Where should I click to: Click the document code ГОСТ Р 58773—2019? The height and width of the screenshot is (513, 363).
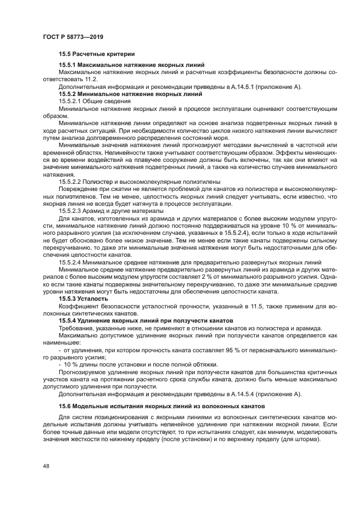(72, 37)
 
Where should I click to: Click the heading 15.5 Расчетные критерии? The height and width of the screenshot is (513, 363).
(97, 54)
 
